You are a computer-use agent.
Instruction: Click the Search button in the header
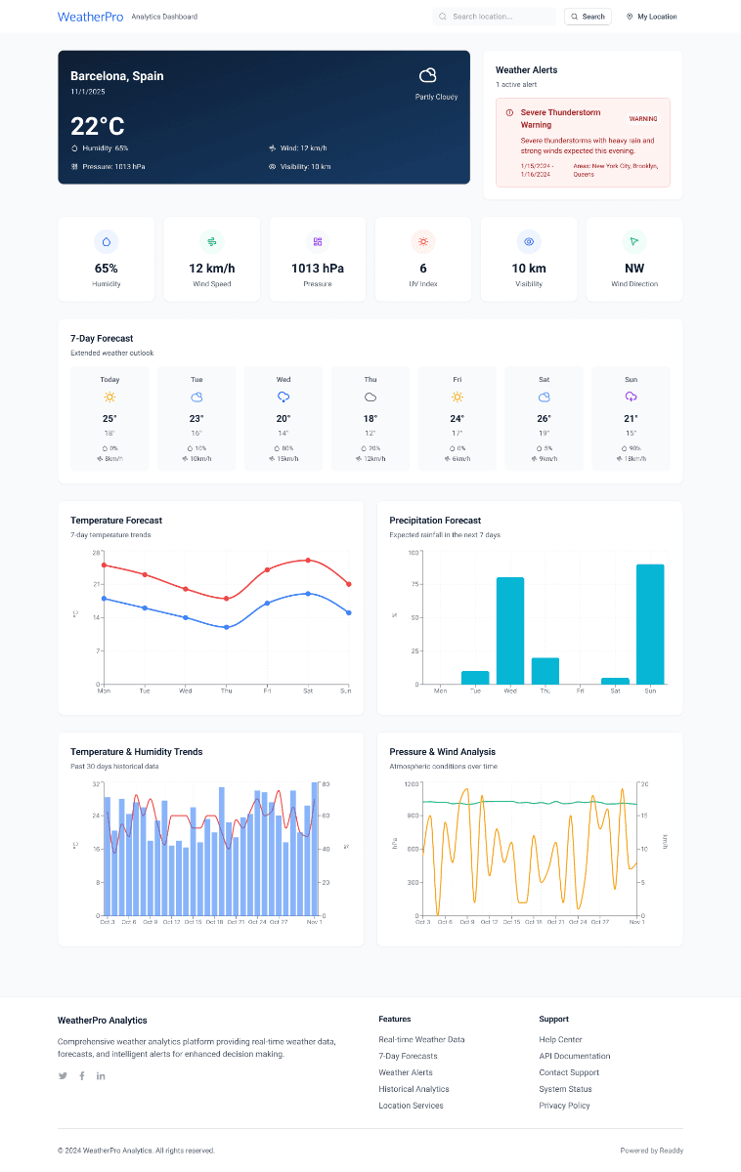[588, 17]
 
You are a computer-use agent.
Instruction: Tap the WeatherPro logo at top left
[90, 17]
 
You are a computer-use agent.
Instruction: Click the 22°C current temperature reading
[98, 126]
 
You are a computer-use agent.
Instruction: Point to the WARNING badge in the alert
[642, 119]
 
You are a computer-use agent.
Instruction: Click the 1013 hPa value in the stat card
[317, 269]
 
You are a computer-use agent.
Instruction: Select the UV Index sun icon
[423, 241]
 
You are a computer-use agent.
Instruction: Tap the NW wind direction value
[633, 269]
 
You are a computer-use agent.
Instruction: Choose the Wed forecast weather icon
[283, 397]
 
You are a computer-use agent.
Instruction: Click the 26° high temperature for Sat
[544, 418]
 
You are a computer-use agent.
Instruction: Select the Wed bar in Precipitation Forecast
[510, 631]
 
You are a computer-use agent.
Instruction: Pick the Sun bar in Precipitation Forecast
[650, 624]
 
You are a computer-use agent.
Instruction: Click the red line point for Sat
[308, 561]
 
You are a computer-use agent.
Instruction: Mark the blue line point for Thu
[226, 627]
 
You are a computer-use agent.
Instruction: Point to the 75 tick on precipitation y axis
[413, 585]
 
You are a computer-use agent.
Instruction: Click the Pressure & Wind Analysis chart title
[442, 752]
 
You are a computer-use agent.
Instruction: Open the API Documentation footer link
[574, 1056]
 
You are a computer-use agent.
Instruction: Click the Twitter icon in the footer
[64, 1075]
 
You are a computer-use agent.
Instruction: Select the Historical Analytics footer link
[414, 1089]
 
